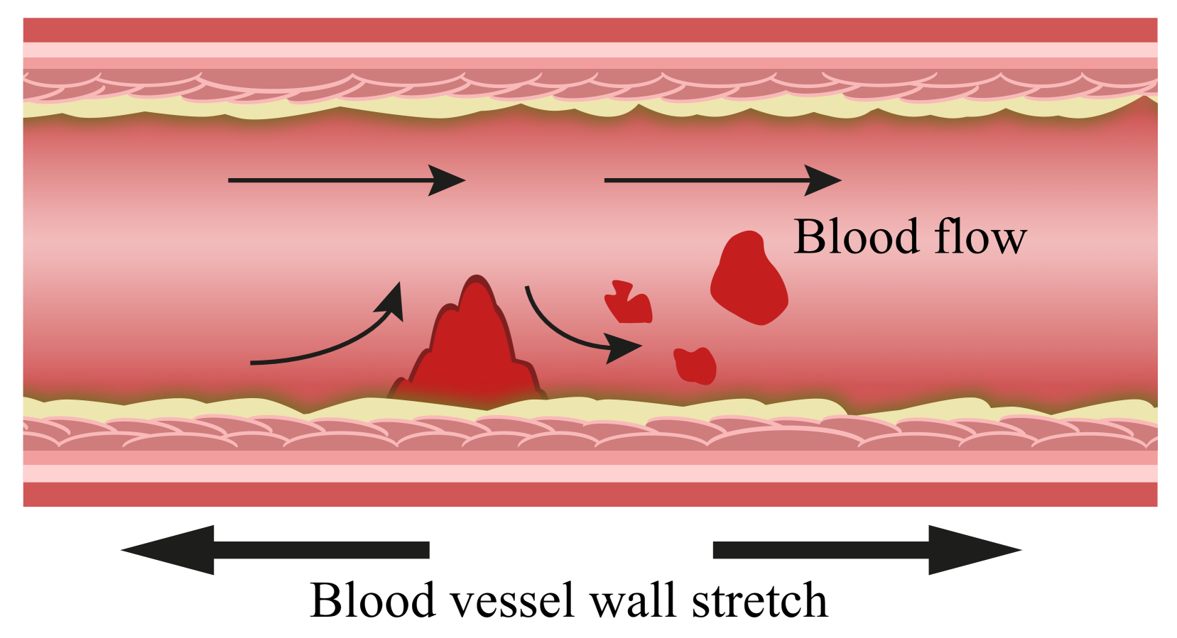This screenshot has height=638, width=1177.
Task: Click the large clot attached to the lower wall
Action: click(472, 348)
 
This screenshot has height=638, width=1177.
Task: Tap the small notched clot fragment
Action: click(629, 305)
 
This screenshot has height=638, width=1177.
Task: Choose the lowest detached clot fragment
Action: click(695, 365)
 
